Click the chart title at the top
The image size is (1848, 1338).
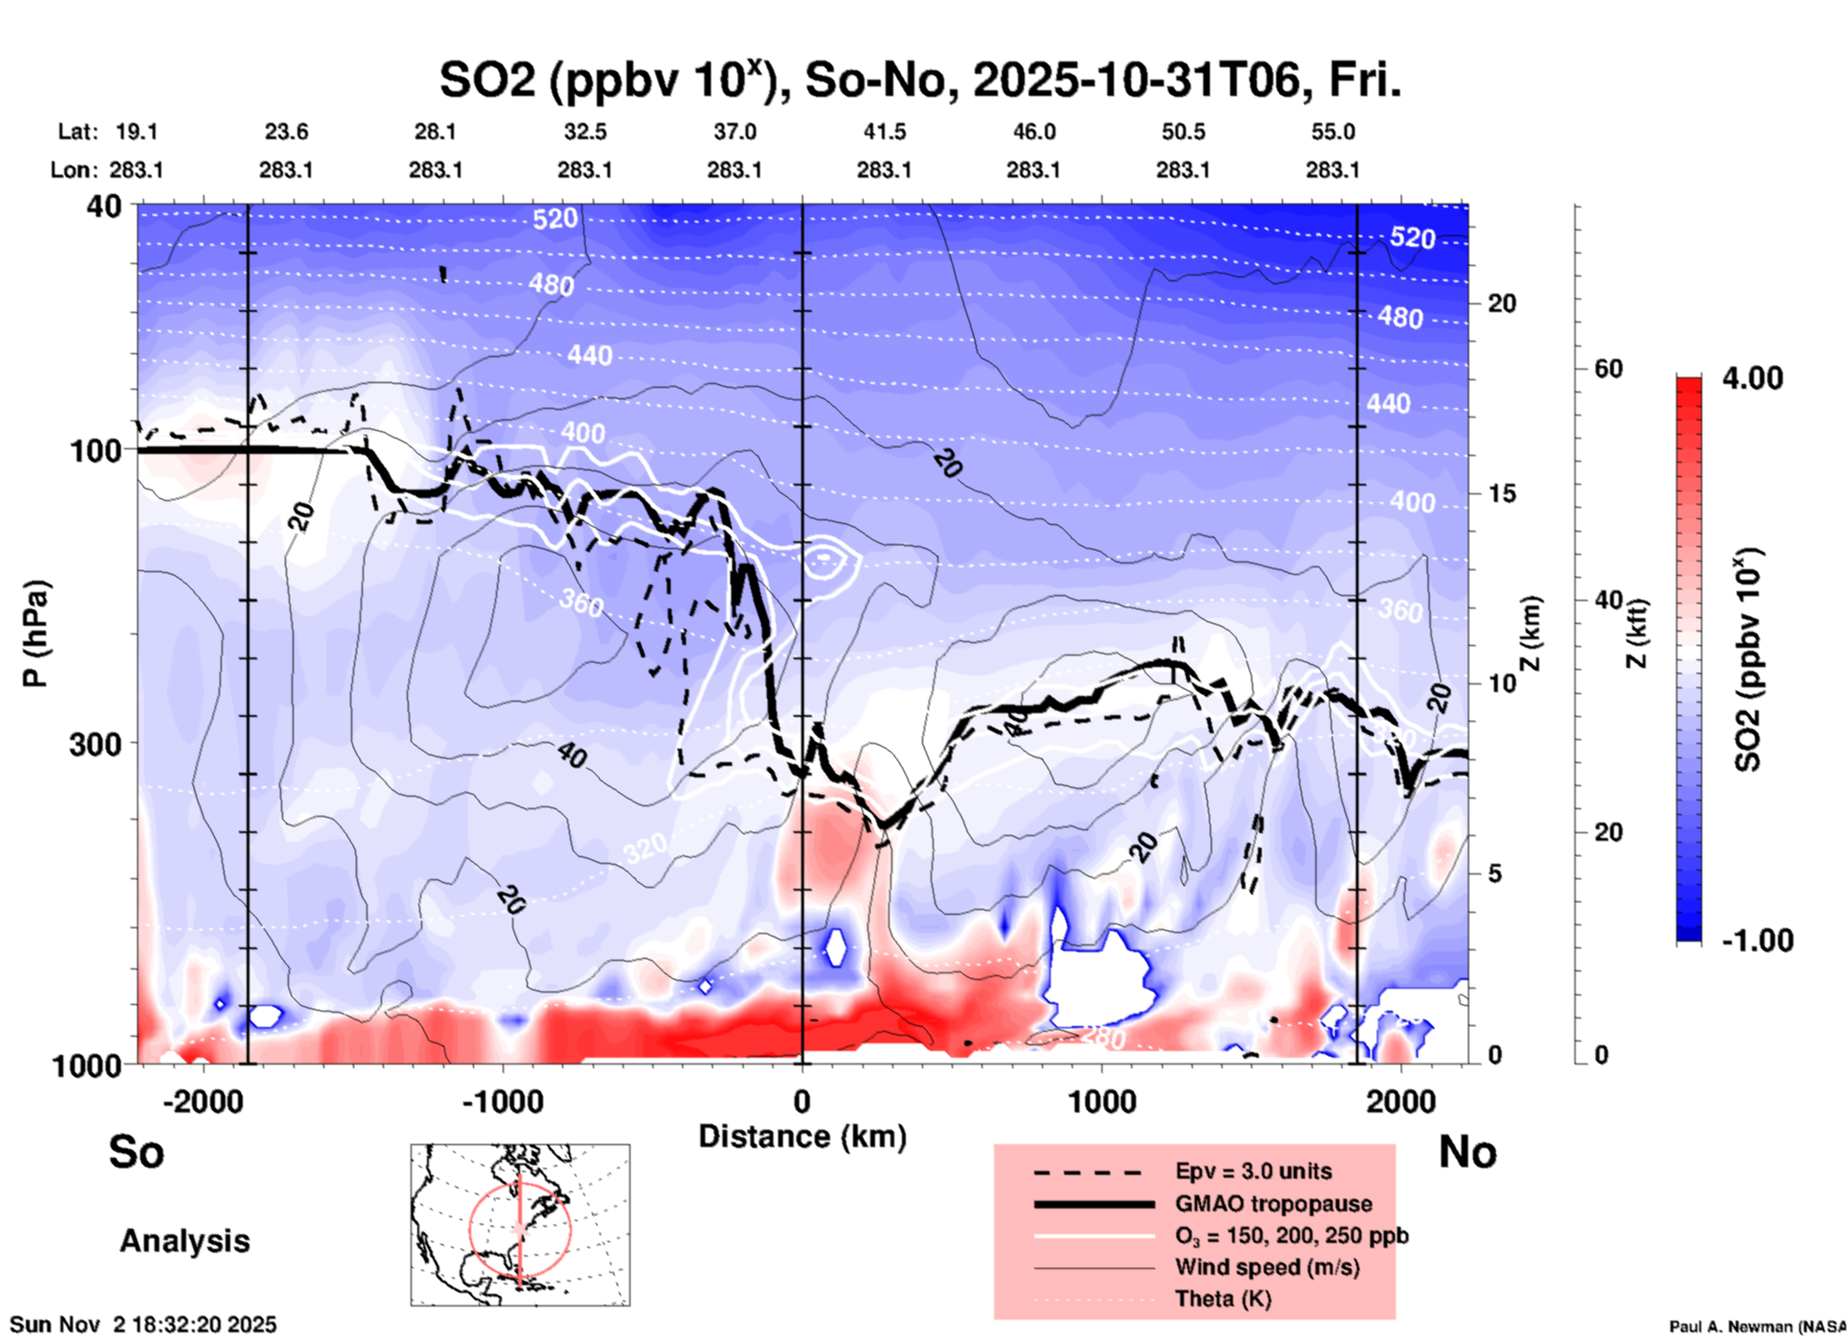919,80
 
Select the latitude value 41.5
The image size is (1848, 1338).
884,131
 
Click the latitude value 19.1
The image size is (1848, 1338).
136,131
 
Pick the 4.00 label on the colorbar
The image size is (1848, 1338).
1752,378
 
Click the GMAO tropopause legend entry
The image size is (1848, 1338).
1273,1204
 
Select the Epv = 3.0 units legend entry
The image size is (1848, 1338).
1253,1171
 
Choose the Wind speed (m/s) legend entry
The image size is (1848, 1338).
1267,1267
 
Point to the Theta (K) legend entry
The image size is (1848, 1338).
1222,1299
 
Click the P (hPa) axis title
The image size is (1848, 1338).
36,633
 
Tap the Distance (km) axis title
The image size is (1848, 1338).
802,1136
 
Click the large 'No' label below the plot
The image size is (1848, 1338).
1467,1152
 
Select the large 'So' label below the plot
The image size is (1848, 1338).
136,1152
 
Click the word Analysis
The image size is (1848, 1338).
184,1241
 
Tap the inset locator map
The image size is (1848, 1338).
520,1225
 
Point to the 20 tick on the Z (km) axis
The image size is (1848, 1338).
1502,304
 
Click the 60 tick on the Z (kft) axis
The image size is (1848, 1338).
1608,369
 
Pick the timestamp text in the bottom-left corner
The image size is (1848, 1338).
143,1325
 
